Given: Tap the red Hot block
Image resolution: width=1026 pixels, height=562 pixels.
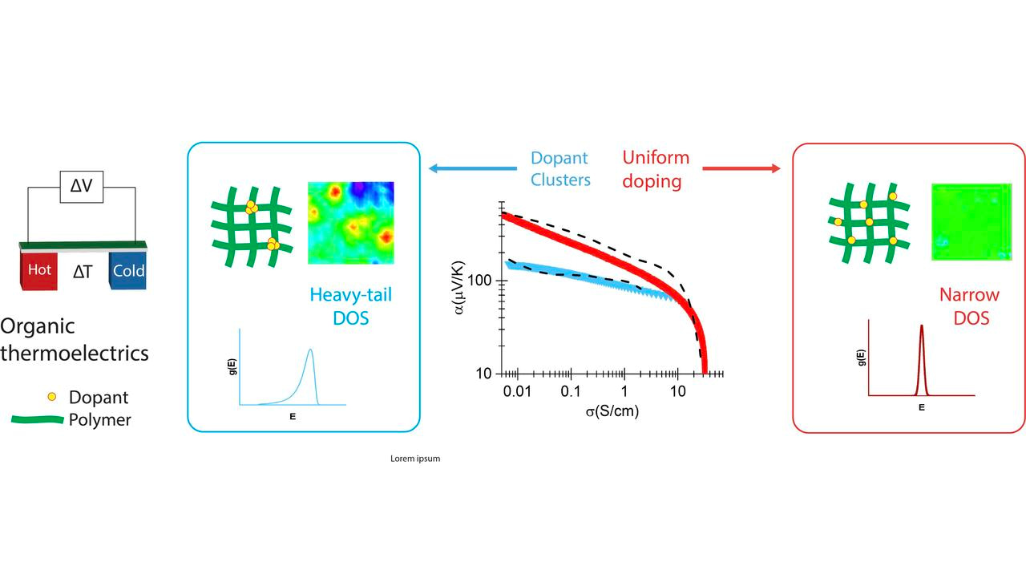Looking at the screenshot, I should pyautogui.click(x=40, y=270).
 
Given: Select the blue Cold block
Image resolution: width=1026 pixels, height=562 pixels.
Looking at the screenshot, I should pyautogui.click(x=128, y=271).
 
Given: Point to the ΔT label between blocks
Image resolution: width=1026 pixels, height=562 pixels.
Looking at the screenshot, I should pyautogui.click(x=83, y=273).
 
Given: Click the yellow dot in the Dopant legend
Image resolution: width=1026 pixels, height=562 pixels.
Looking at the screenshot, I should pyautogui.click(x=52, y=397).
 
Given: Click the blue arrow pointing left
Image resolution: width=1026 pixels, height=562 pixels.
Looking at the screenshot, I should pyautogui.click(x=472, y=168).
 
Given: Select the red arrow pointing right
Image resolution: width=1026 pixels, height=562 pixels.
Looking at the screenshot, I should pyautogui.click(x=741, y=168).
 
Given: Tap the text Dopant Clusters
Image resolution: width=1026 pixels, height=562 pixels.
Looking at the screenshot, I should pyautogui.click(x=559, y=169).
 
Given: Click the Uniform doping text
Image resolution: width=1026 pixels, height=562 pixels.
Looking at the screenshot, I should pyautogui.click(x=655, y=169).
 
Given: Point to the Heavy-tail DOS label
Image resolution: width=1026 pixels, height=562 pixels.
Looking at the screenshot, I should pyautogui.click(x=351, y=307).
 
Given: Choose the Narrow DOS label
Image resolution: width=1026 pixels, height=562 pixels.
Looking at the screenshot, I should pyautogui.click(x=964, y=306).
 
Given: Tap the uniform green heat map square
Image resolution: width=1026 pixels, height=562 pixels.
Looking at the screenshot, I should pyautogui.click(x=965, y=221).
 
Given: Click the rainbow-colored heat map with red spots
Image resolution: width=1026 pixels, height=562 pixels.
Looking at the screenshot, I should pyautogui.click(x=351, y=223).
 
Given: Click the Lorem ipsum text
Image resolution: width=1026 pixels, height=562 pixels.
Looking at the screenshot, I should pyautogui.click(x=415, y=459).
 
